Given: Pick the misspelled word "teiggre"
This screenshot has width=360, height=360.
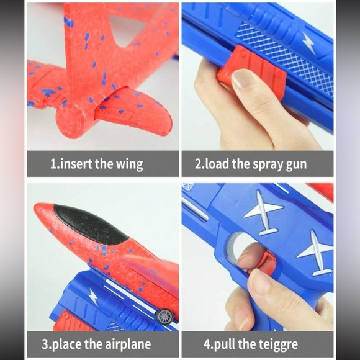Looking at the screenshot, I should click(277, 343).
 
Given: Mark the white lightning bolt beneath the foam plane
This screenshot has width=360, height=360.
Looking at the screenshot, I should click(92, 297).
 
